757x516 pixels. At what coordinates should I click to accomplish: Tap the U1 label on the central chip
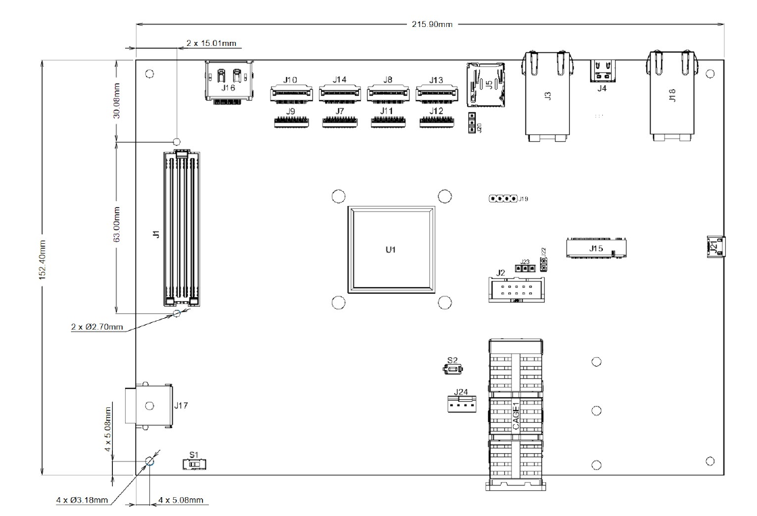390,251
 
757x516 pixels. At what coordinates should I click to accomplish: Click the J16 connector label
228,88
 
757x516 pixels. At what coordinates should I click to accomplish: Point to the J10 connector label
291,80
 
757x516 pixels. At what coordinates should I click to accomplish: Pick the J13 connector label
436,80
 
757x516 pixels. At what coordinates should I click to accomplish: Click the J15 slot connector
596,247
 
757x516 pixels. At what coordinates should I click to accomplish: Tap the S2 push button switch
452,369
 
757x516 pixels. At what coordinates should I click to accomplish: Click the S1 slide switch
195,465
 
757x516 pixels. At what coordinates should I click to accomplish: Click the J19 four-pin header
504,199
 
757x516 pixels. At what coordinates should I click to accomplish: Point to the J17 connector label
180,406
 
